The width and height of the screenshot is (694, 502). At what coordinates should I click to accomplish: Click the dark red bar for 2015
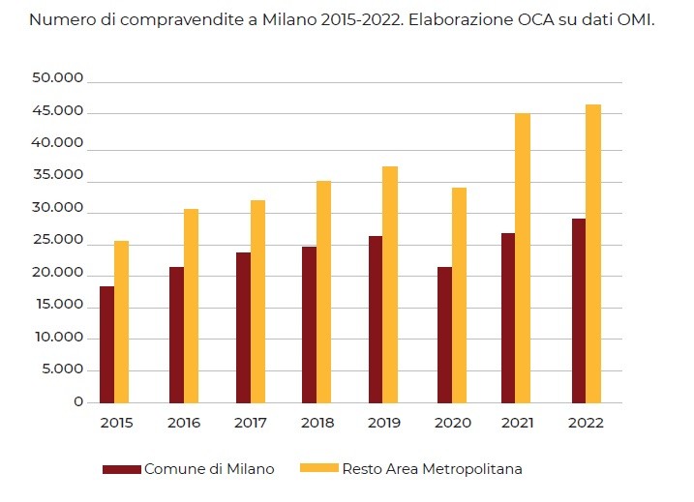tap(106, 344)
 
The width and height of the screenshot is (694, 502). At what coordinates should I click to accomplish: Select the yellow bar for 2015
tap(122, 322)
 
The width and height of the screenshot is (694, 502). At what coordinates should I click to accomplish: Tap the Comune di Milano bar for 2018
tap(309, 325)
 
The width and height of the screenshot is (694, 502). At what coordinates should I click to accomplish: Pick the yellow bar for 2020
tap(459, 295)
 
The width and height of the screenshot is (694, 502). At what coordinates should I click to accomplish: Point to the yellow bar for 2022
tap(593, 253)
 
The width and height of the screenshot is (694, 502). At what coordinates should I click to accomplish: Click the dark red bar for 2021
tap(508, 318)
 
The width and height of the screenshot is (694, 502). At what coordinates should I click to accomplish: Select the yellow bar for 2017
tap(257, 302)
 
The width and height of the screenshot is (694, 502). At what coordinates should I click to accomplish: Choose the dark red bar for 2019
tap(376, 319)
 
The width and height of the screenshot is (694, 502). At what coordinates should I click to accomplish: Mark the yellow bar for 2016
tap(191, 306)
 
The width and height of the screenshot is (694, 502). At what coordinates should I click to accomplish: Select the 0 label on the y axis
tap(78, 402)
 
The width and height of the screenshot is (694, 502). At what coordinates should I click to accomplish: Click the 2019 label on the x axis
tap(384, 424)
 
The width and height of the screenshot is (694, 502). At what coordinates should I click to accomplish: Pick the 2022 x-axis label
tap(586, 424)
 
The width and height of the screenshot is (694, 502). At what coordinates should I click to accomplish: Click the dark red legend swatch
tap(122, 469)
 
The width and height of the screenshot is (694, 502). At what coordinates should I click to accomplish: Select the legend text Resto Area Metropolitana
tap(433, 469)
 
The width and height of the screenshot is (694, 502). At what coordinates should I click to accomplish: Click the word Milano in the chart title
tap(288, 19)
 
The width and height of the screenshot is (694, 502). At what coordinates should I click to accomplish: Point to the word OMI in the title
tap(634, 19)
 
